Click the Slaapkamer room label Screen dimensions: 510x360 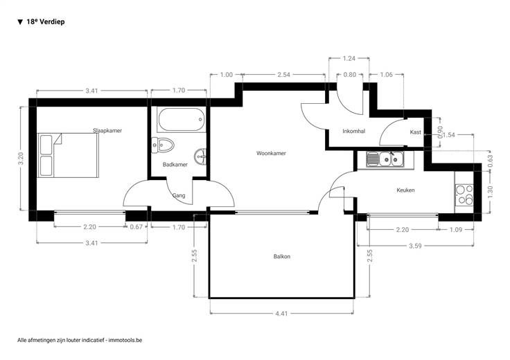click(x=107, y=131)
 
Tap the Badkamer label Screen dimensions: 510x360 click(x=175, y=165)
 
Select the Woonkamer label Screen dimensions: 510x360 click(x=271, y=154)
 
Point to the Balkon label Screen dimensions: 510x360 click(x=281, y=257)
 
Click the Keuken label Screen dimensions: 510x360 click(x=405, y=190)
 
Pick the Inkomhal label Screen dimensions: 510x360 click(x=354, y=132)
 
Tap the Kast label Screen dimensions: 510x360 click(x=415, y=132)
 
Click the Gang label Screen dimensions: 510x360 click(x=179, y=196)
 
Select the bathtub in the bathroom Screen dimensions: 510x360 click(x=181, y=119)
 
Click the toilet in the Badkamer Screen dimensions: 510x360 click(x=163, y=145)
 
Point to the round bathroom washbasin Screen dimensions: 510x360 click(x=200, y=157)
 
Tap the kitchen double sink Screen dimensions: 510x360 click(x=385, y=159)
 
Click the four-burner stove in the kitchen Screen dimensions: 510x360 click(x=464, y=195)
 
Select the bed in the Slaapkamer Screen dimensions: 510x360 click(x=68, y=155)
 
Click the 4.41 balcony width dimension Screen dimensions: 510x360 click(x=281, y=314)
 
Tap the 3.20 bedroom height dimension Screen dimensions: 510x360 click(x=21, y=159)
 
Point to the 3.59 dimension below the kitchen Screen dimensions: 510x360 click(x=415, y=246)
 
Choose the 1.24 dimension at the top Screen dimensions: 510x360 click(x=349, y=59)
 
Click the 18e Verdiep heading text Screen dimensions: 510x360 click(x=46, y=21)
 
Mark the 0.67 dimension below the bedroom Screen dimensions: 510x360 click(x=137, y=227)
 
